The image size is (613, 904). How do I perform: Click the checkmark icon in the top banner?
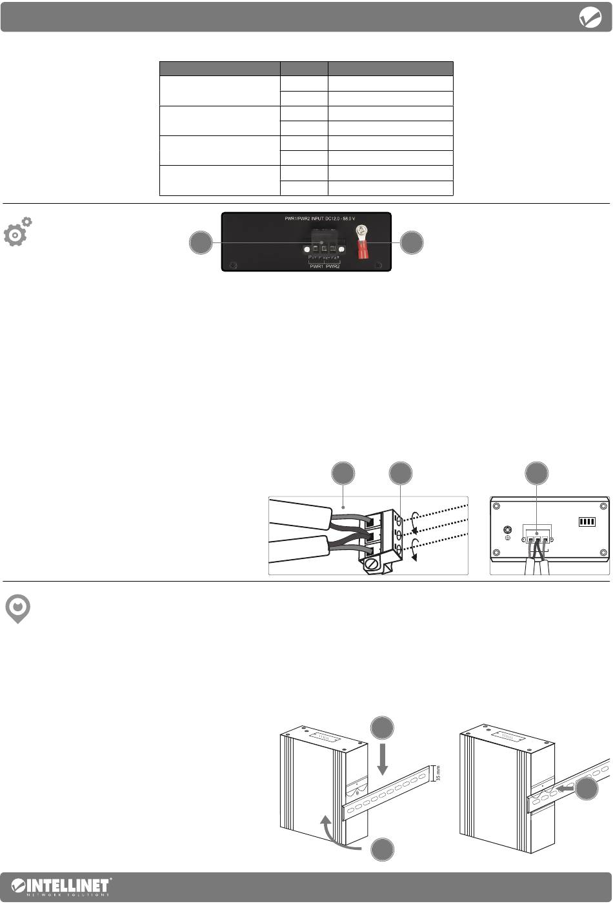coord(590,17)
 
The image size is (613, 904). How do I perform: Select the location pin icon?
coord(18,609)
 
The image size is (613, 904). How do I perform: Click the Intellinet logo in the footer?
coord(62,887)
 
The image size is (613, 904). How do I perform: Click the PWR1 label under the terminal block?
coord(316,265)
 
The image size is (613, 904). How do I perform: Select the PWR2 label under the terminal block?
coord(333,265)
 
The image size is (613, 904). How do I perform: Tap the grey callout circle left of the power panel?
coord(201,243)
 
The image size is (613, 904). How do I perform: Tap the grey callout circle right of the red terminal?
coord(412,243)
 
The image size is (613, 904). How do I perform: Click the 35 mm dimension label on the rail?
coord(438,772)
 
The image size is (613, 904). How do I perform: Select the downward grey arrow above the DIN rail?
coord(383,760)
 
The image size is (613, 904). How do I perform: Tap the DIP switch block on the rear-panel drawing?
coord(587,521)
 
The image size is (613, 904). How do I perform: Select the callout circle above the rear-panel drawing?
coord(536,473)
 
